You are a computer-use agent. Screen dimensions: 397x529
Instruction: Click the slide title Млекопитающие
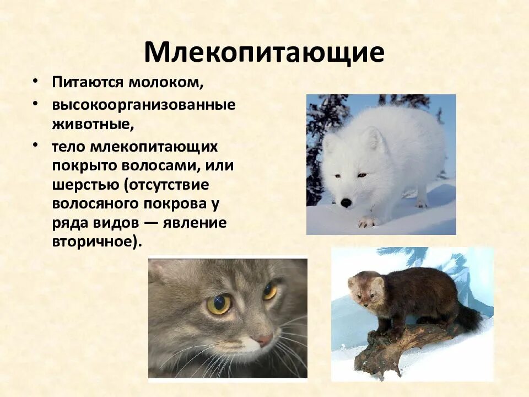[264, 52]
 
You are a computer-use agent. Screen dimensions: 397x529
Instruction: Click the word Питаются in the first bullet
[88, 82]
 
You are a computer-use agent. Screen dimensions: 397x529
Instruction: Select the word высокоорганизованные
[144, 104]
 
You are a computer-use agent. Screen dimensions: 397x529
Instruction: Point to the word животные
[93, 124]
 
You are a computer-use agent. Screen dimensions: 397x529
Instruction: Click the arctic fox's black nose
[346, 202]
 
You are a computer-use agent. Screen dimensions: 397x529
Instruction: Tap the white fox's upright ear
[375, 138]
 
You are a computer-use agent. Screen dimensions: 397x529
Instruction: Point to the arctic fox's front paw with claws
[366, 222]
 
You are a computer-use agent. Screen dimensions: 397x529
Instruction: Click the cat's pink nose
[265, 340]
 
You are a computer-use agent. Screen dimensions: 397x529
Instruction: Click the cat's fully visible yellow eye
[219, 304]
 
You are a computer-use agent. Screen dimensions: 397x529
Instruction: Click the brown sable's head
[364, 289]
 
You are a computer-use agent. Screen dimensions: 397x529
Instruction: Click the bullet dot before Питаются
[36, 81]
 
